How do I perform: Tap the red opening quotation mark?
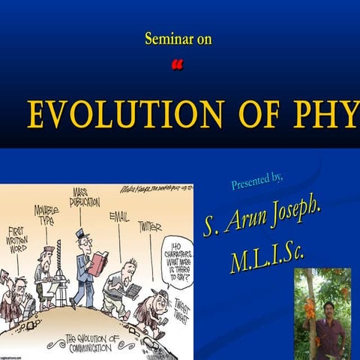tap(177, 66)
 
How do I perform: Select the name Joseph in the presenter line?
tap(290, 218)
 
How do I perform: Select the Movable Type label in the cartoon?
tap(46, 214)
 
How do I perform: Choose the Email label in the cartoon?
tap(118, 217)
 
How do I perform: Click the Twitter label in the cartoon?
tap(149, 226)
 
